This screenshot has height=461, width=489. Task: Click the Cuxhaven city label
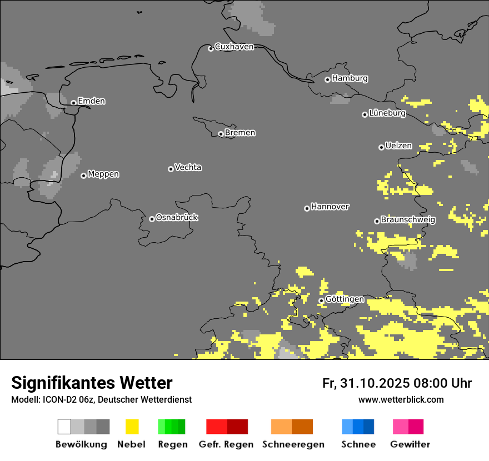coord(234,47)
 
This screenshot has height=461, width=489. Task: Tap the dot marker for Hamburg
coord(327,79)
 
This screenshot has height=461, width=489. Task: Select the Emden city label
coord(91,101)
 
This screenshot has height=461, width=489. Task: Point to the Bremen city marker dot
coord(221,134)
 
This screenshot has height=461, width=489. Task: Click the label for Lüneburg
coord(387,113)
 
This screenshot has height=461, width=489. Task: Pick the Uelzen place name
coord(398,146)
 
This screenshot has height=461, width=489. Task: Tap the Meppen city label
coord(103,174)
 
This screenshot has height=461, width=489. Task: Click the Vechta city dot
coord(171,169)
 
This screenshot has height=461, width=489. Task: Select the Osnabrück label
coord(177,218)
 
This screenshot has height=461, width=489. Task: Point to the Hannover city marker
coord(307,208)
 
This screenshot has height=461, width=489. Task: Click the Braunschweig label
coord(408,220)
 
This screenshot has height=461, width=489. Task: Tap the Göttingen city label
coord(345,299)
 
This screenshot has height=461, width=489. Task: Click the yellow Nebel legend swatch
coord(132,427)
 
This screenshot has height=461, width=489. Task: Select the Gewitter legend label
coord(410,444)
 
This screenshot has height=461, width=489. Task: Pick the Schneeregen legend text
coord(293,444)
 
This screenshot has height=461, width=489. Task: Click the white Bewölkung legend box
coord(64,427)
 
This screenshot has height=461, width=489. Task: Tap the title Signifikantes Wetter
coord(92,383)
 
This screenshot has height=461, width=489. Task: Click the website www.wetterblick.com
coord(401,399)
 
